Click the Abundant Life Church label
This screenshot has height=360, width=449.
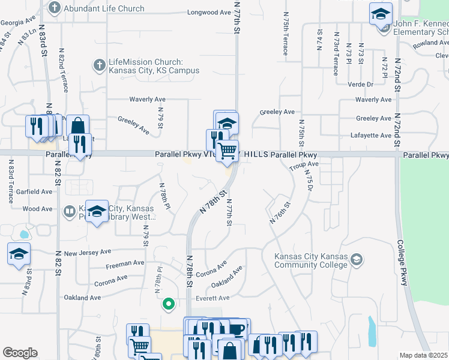tap(104, 8)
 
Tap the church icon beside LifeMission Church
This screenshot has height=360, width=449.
tap(98, 63)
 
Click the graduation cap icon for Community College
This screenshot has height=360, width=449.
tap(357, 259)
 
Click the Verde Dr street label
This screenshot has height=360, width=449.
tap(361, 85)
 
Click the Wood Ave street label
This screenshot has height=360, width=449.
tap(38, 209)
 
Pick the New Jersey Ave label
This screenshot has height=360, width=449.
tap(88, 253)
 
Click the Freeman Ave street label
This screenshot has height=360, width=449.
tap(125, 263)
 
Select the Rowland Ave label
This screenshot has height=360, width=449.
tap(427, 43)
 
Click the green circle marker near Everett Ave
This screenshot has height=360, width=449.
tap(169, 305)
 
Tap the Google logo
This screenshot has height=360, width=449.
tap(20, 353)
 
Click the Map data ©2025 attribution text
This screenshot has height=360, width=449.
tap(424, 355)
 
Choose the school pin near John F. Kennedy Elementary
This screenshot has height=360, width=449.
tap(381, 14)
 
